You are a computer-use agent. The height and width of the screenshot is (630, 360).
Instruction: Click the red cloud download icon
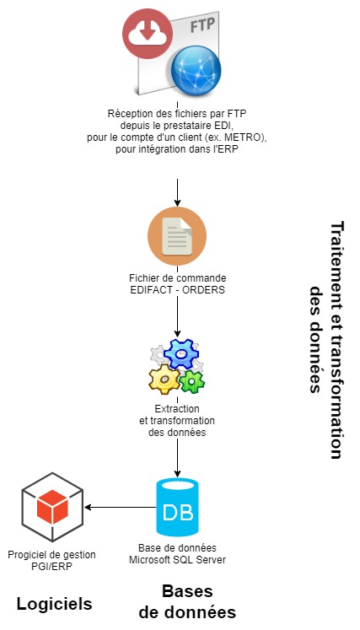click(x=148, y=34)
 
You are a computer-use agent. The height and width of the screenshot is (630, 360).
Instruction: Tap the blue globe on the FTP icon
click(x=196, y=71)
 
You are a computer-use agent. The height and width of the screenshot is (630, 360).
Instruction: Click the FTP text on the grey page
click(x=202, y=26)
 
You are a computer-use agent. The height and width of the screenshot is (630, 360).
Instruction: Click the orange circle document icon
click(x=177, y=236)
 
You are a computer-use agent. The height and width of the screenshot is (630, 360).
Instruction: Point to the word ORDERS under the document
click(x=203, y=289)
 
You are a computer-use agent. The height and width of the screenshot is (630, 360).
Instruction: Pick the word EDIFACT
click(x=152, y=289)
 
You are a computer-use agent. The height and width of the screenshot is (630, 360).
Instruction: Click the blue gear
click(x=181, y=354)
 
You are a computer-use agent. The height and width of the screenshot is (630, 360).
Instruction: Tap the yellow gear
click(x=164, y=379)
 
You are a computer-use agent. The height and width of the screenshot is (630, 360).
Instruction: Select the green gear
click(x=192, y=381)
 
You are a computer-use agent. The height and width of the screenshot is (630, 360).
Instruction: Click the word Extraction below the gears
click(x=177, y=409)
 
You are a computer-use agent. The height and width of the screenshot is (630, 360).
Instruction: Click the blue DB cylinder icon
click(x=177, y=507)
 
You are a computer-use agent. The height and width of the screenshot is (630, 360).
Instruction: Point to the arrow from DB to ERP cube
click(x=120, y=508)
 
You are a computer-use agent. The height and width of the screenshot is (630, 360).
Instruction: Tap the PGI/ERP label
click(x=51, y=567)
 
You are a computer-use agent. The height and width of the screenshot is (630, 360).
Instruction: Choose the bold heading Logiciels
click(x=54, y=604)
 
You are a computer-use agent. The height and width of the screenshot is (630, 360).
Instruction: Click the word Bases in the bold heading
click(x=187, y=591)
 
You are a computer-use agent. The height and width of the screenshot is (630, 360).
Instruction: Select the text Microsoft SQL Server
click(x=177, y=559)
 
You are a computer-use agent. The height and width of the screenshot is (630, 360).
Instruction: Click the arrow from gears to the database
click(x=177, y=458)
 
